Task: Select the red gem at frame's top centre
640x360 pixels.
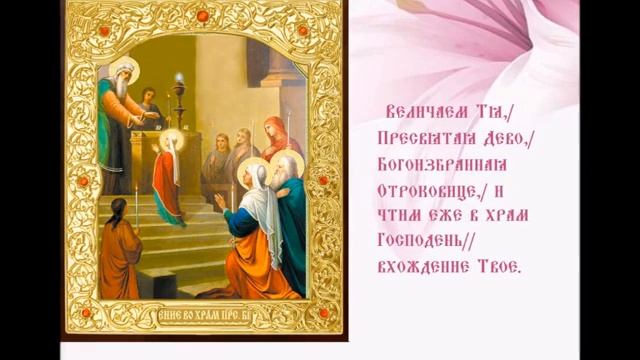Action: [202, 17]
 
